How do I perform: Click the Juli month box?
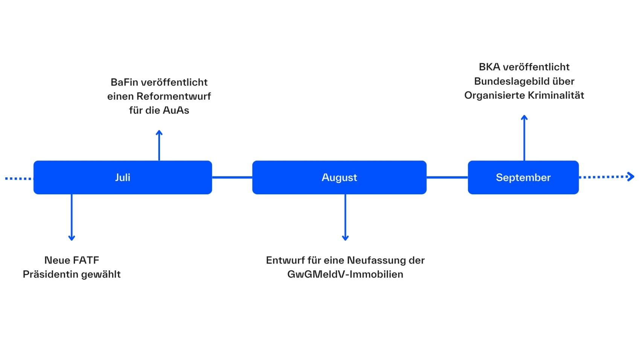click(x=123, y=177)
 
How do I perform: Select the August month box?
click(x=339, y=177)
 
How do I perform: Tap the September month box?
click(x=523, y=177)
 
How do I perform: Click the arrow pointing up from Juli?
click(x=159, y=145)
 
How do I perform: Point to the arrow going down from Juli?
click(x=72, y=217)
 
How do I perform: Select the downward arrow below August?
click(x=345, y=217)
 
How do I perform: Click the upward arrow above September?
click(x=524, y=138)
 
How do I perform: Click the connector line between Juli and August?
click(x=232, y=177)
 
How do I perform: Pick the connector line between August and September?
click(x=447, y=177)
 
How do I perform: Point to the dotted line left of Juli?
click(x=19, y=178)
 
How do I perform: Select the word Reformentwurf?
click(x=174, y=96)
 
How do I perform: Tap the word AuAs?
click(x=176, y=110)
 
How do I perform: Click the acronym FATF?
click(x=86, y=260)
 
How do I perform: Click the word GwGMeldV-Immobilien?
click(x=345, y=274)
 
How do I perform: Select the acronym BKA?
click(x=490, y=67)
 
